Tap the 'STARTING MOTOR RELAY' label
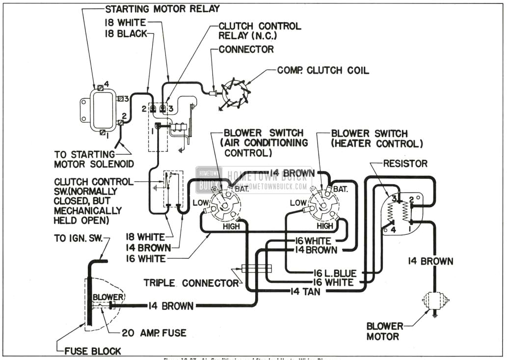point(162,9)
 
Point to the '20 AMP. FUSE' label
point(154,333)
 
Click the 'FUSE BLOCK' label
point(93,351)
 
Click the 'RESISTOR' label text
point(405,163)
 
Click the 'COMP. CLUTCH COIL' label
point(323,71)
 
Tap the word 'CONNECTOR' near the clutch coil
point(246,49)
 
